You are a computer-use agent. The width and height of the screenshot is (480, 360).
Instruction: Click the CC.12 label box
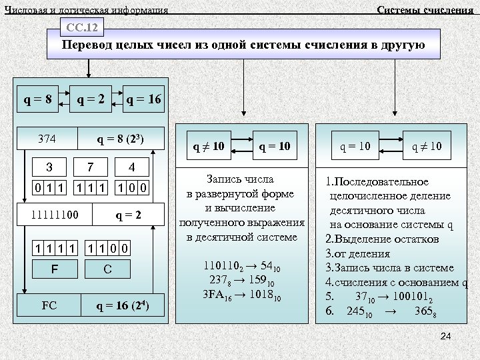pyautogui.click(x=83, y=28)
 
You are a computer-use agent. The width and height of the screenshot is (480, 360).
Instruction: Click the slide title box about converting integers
pyautogui.click(x=243, y=46)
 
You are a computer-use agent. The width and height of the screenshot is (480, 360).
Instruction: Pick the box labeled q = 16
pyautogui.click(x=143, y=100)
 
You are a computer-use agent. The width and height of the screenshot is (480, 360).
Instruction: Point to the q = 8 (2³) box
pyautogui.click(x=121, y=139)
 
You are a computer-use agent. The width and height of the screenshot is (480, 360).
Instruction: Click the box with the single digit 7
pyautogui.click(x=91, y=166)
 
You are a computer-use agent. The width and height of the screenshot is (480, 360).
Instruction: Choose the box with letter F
pyautogui.click(x=55, y=269)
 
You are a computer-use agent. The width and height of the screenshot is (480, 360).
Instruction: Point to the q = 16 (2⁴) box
pyautogui.click(x=122, y=307)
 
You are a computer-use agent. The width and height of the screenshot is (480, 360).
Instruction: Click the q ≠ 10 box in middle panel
pyautogui.click(x=208, y=145)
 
